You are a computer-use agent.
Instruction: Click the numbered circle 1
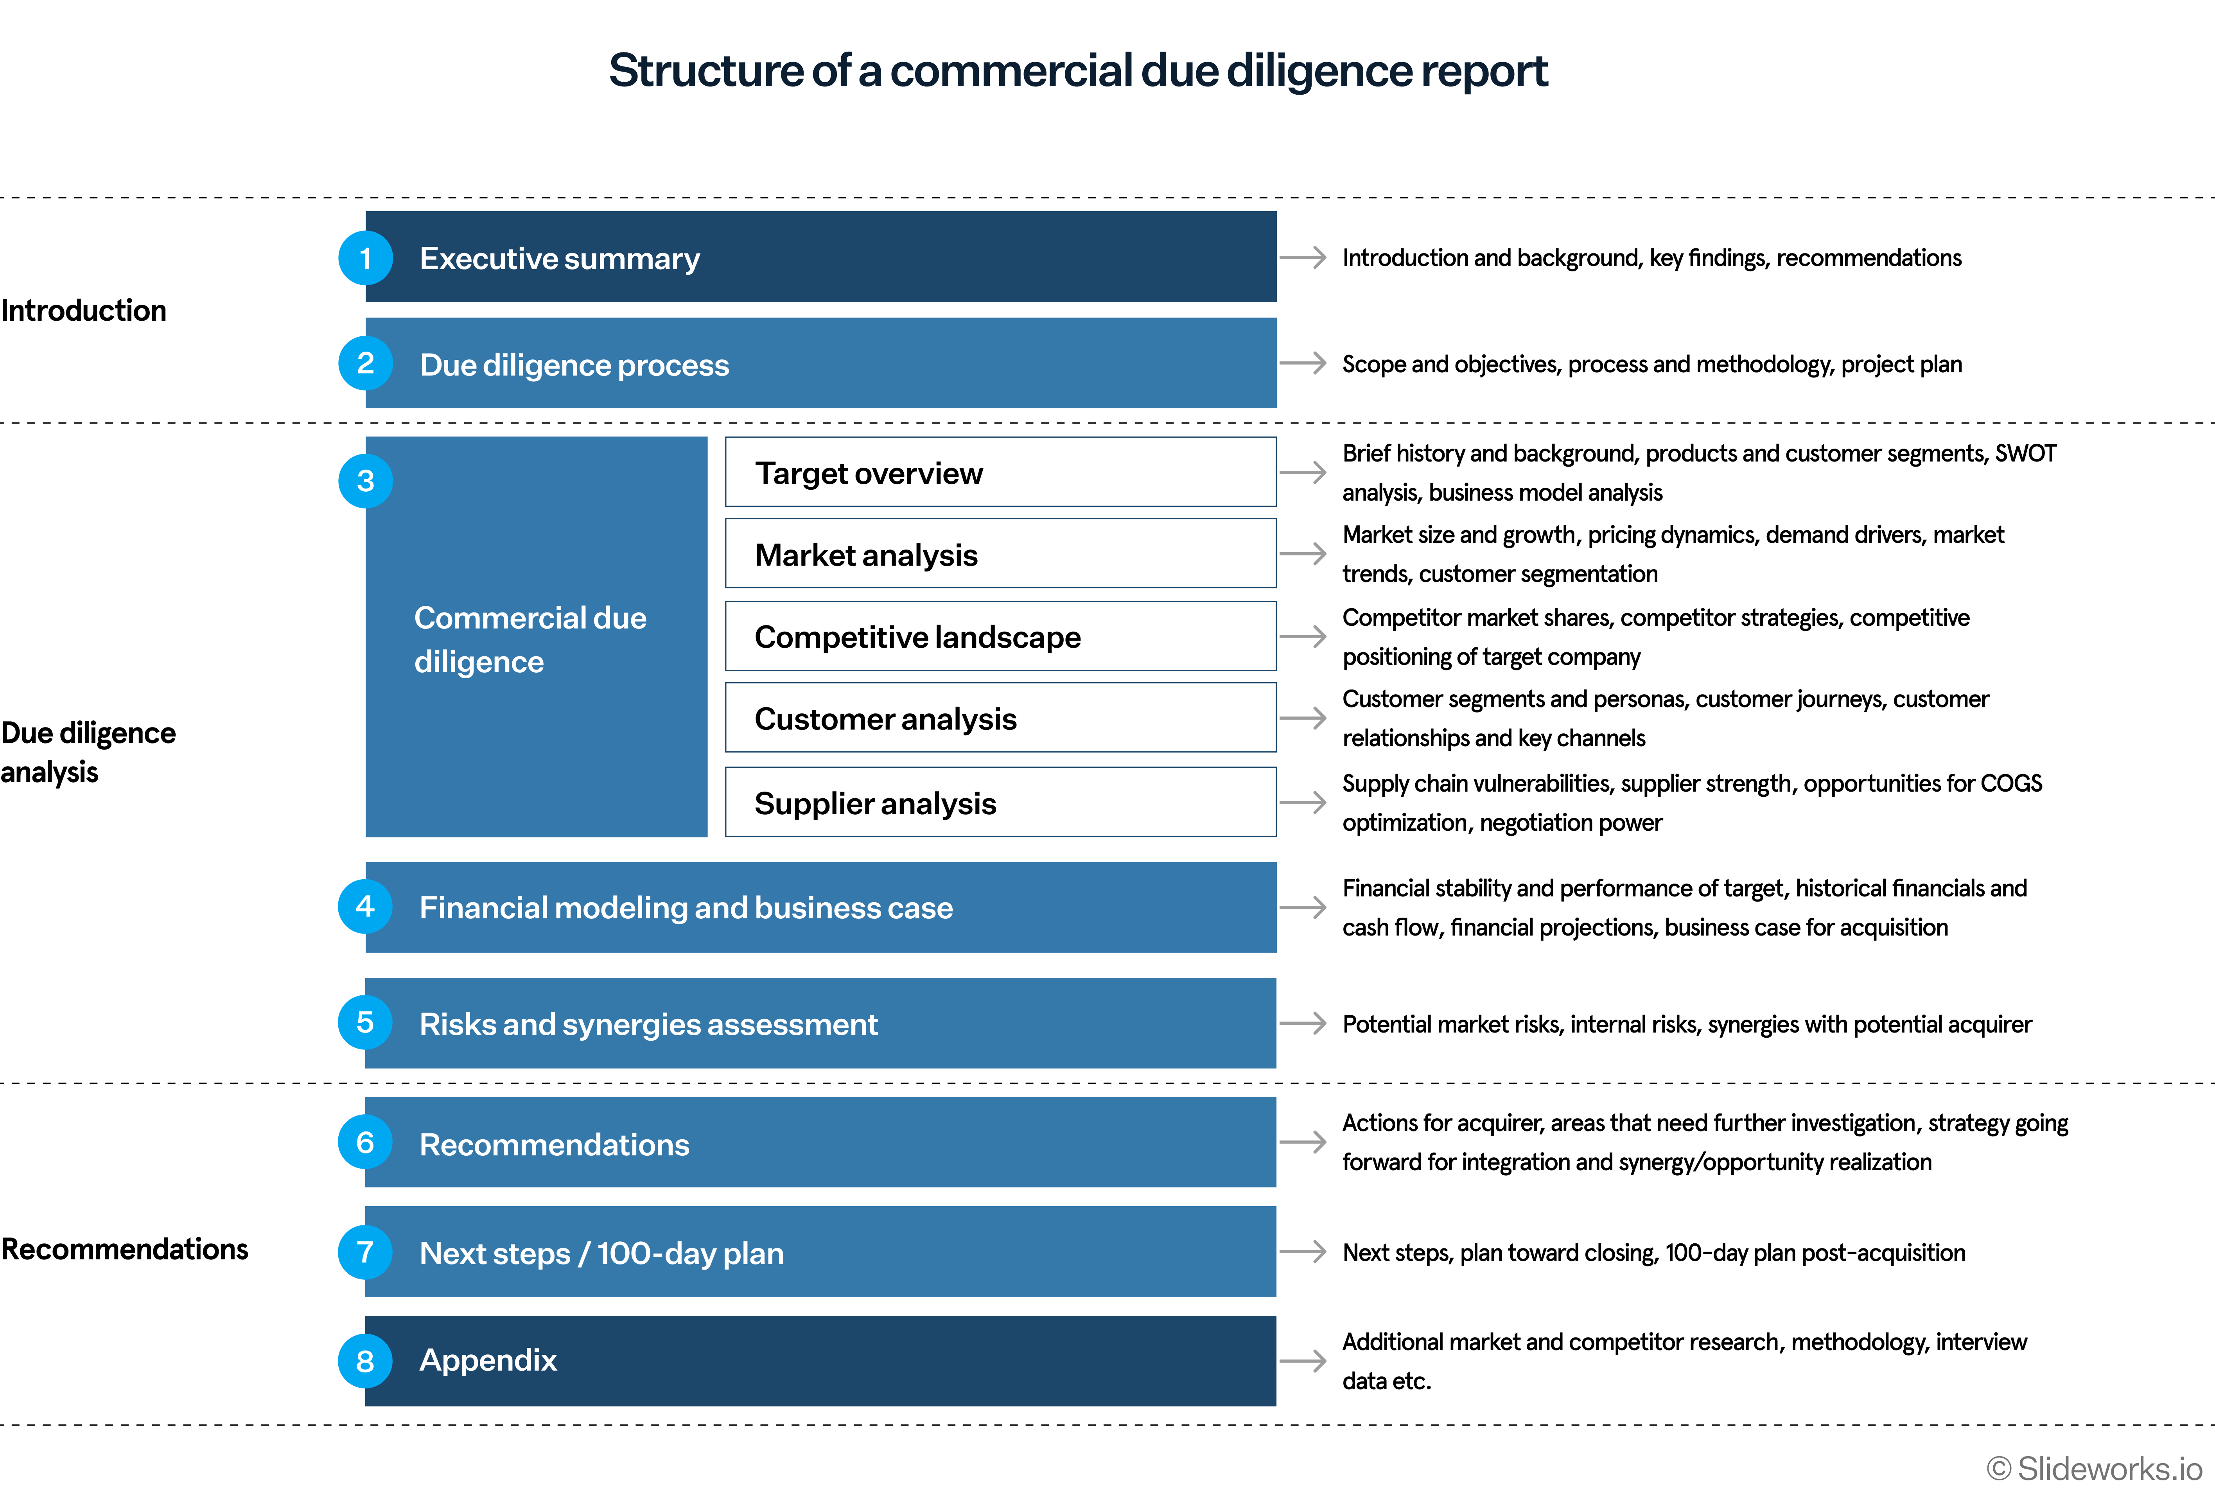365,258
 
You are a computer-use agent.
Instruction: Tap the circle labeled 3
365,480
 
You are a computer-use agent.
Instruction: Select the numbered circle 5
365,1023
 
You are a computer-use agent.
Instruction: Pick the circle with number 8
365,1361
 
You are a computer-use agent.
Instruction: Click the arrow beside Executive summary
1303,257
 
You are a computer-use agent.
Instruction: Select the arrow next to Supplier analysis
1303,803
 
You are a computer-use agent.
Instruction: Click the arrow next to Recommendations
1303,1142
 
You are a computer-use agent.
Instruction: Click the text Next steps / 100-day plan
601,1252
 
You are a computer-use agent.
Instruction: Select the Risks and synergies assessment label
648,1024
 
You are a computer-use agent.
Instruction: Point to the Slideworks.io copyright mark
2094,1468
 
